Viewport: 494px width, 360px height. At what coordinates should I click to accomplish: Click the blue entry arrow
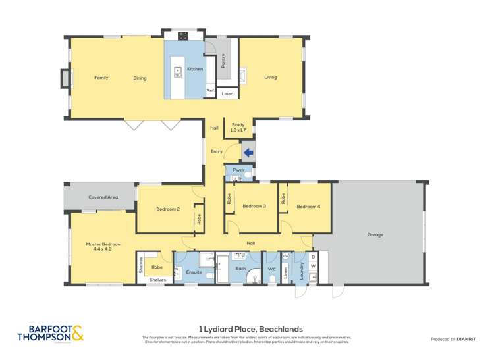point(248,153)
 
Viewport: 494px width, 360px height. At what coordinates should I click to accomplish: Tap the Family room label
point(101,78)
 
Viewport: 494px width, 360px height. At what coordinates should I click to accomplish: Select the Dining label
point(140,78)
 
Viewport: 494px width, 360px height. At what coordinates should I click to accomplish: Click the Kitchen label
point(194,69)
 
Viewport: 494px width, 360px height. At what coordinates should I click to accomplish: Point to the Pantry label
point(224,61)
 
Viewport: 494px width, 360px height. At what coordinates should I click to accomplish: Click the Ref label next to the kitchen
point(210,91)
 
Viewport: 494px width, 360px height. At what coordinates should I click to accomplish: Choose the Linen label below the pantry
point(227,94)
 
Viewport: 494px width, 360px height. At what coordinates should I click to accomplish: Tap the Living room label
point(271,78)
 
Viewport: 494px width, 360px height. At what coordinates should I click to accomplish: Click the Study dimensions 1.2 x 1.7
point(238,130)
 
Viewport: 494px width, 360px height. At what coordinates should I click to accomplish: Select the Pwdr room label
point(238,170)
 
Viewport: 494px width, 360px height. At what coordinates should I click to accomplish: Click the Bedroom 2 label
point(168,209)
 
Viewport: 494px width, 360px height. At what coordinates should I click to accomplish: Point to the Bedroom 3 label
point(254,207)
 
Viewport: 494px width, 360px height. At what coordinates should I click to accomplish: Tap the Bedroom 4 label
point(308,207)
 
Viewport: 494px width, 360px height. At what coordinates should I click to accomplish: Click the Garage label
point(375,234)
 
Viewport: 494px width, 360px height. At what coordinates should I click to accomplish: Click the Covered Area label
point(103,197)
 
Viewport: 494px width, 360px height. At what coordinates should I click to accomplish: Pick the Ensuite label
point(194,271)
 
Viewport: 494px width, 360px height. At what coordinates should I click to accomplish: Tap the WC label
point(271,269)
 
